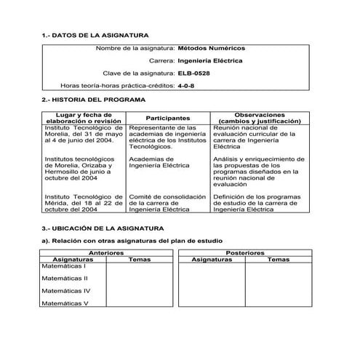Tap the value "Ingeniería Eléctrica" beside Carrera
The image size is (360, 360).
point(211,61)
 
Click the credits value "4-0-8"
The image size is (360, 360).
point(186,86)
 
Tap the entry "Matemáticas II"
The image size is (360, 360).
point(65,278)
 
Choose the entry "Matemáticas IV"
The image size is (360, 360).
point(65,290)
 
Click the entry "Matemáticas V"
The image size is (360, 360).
point(65,303)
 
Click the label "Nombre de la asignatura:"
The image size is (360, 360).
point(135,48)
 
